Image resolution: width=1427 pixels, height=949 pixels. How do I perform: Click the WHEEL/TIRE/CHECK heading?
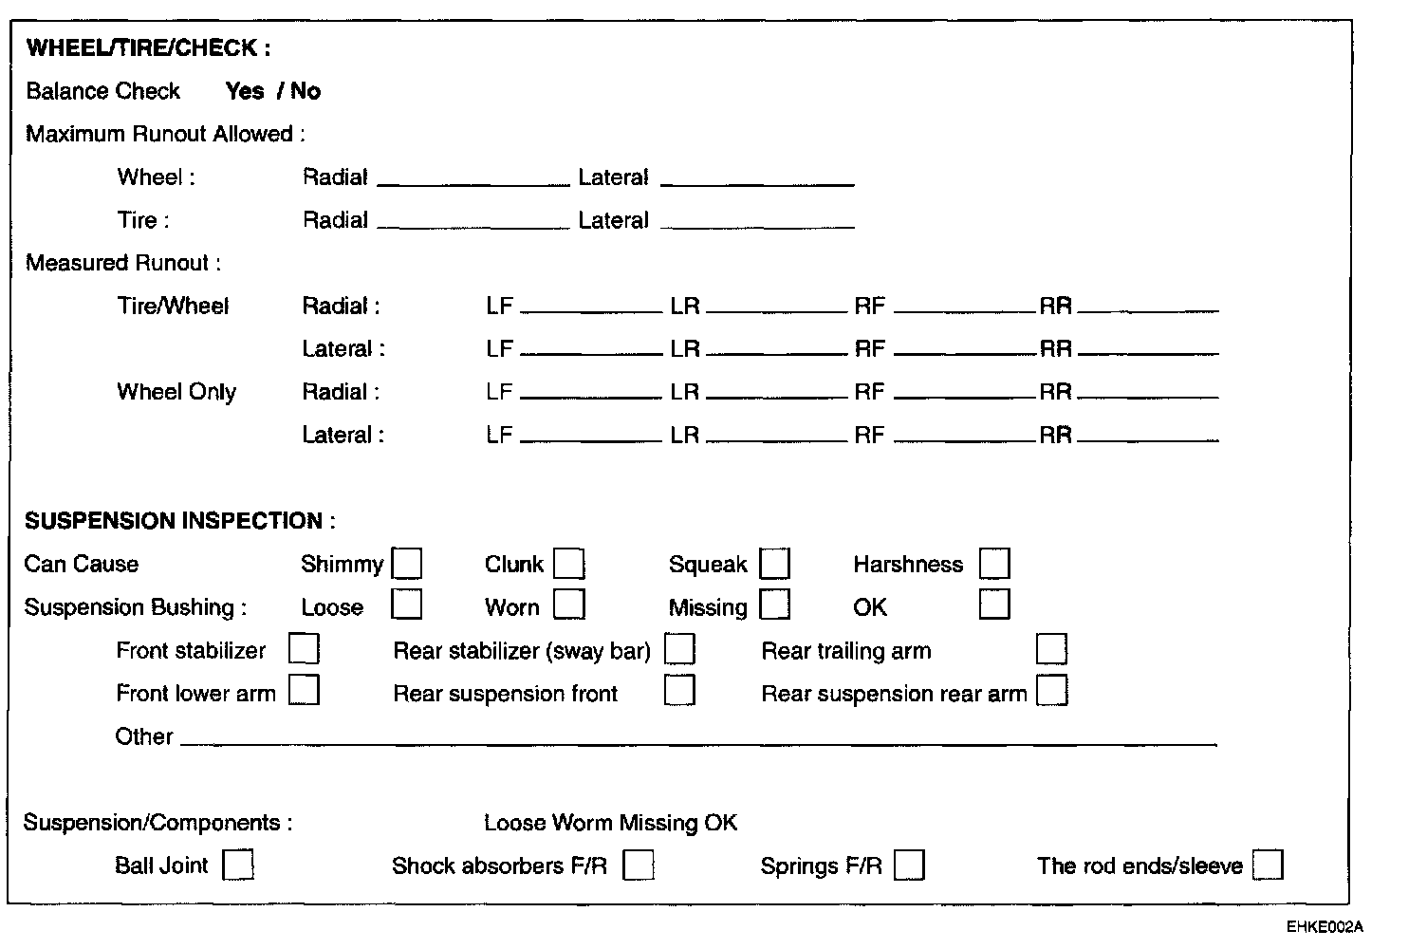148,47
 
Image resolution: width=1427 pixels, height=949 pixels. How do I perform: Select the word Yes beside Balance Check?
245,91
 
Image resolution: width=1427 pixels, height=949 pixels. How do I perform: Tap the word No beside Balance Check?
306,91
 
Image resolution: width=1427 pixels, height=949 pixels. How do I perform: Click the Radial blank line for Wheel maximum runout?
473,181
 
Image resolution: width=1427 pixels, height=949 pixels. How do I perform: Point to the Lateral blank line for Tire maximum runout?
757,225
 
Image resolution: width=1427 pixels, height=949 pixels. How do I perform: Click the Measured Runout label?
122,263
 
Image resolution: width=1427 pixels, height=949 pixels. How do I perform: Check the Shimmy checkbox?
407,564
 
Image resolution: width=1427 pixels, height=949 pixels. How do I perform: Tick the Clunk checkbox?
569,564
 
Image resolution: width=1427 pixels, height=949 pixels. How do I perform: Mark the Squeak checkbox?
775,564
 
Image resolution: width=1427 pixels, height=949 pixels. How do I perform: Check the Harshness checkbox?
994,564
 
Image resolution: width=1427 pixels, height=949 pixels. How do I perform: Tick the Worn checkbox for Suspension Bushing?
569,605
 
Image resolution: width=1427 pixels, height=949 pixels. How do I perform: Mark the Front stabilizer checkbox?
304,649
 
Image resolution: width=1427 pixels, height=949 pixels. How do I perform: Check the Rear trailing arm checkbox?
1051,649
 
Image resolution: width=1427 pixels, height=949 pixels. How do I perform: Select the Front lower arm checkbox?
304,690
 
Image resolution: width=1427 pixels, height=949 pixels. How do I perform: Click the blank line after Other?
697,741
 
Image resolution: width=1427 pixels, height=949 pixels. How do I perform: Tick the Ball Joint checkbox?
237,865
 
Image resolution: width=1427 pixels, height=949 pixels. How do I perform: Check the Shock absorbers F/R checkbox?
638,865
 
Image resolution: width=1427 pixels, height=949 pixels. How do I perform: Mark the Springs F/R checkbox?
909,865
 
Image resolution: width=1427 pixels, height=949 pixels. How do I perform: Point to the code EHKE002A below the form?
1325,927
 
